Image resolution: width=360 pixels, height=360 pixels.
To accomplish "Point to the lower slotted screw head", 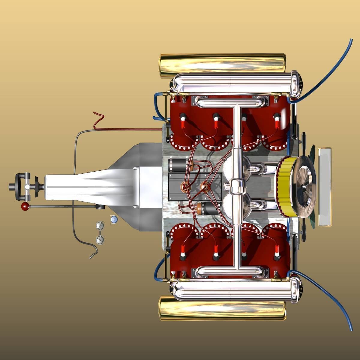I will (x=100, y=239).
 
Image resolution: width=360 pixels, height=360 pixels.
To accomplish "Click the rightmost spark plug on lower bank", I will (x=277, y=252).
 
